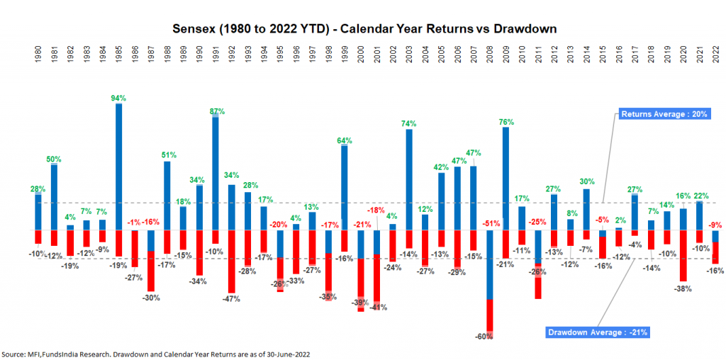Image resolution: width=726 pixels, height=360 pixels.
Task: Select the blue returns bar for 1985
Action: pyautogui.click(x=119, y=167)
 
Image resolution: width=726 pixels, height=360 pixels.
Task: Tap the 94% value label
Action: pyautogui.click(x=118, y=98)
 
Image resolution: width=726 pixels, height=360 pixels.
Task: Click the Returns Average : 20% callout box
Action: pyautogui.click(x=664, y=113)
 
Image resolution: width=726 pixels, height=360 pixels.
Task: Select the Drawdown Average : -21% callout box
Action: pyautogui.click(x=597, y=332)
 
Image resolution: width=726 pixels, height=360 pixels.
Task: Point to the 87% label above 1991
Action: pyautogui.click(x=217, y=111)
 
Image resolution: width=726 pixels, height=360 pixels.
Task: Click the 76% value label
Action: pyautogui.click(x=506, y=122)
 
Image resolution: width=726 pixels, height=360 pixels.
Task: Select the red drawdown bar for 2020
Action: pyautogui.click(x=683, y=256)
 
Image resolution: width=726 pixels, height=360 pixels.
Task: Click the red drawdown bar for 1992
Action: pyautogui.click(x=232, y=261)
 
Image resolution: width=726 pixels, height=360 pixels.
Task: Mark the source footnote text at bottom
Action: pyautogui.click(x=156, y=353)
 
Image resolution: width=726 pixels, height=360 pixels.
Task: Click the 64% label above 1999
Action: pyautogui.click(x=345, y=140)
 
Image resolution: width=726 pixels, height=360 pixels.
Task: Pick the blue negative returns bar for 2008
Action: pyautogui.click(x=490, y=264)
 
